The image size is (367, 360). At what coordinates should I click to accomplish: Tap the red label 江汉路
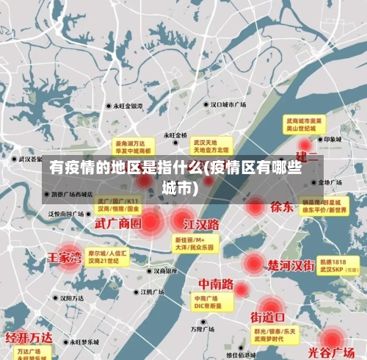pyautogui.click(x=202, y=223)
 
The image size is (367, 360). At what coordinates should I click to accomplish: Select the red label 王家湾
pyautogui.click(x=65, y=257)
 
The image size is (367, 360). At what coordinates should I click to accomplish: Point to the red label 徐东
pyautogui.click(x=281, y=206)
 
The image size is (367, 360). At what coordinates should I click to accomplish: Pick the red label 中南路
pyautogui.click(x=216, y=284)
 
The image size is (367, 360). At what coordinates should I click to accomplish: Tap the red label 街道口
pyautogui.click(x=269, y=317)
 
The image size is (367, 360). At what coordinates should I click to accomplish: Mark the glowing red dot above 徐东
pyautogui.click(x=256, y=206)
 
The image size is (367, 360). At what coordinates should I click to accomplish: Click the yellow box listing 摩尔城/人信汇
pyautogui.click(x=107, y=256)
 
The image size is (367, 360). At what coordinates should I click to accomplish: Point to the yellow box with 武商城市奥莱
pyautogui.click(x=305, y=123)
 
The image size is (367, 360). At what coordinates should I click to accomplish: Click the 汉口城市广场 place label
pyautogui.click(x=227, y=105)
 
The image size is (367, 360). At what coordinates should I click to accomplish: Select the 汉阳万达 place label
pyautogui.click(x=76, y=298)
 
